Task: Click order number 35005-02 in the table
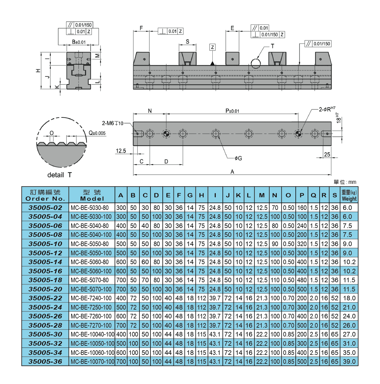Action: (x=45, y=208)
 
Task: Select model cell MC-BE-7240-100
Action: (x=91, y=298)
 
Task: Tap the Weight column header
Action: (x=349, y=195)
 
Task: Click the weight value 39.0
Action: (x=349, y=362)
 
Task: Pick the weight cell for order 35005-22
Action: (x=349, y=298)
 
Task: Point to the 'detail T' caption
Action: (x=59, y=175)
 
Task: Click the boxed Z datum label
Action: (x=212, y=47)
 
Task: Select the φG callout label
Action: (x=238, y=158)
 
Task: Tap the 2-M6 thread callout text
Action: (x=112, y=123)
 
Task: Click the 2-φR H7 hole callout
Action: (x=327, y=109)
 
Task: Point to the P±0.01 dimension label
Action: (x=232, y=111)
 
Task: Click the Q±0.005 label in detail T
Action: (x=97, y=133)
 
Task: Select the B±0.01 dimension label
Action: (x=79, y=42)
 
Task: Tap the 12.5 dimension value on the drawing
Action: (x=121, y=151)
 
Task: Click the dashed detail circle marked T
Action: (x=256, y=63)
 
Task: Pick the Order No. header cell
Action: (x=45, y=195)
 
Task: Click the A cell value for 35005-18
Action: (x=121, y=280)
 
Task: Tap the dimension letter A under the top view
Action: (x=232, y=172)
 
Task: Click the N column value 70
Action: (x=275, y=208)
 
